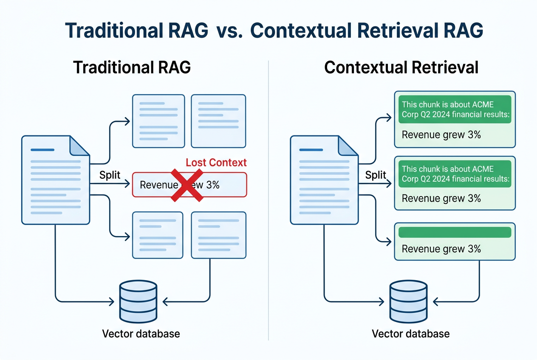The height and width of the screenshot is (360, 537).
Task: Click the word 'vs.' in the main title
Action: (x=229, y=31)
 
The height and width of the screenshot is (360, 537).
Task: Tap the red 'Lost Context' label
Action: (x=216, y=163)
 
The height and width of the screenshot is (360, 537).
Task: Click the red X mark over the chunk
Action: (x=186, y=185)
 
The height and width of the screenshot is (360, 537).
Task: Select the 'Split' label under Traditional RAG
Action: (x=110, y=175)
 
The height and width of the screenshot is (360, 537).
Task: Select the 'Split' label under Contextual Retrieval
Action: (x=376, y=175)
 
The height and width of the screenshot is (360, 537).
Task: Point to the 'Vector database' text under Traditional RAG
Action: (x=141, y=334)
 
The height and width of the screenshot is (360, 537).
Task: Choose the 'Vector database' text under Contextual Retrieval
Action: (x=411, y=334)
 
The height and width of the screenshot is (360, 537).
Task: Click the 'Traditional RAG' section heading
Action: (x=132, y=68)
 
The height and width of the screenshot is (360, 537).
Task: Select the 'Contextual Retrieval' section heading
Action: (x=401, y=68)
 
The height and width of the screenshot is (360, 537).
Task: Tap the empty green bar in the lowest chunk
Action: (x=455, y=232)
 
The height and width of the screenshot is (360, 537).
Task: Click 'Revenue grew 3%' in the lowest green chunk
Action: (x=441, y=249)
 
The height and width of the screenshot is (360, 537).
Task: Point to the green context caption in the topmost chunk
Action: (x=455, y=109)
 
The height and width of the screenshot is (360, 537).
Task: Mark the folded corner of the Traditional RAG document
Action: (x=79, y=146)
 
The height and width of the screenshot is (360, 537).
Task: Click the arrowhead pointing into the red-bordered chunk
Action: (x=127, y=184)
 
